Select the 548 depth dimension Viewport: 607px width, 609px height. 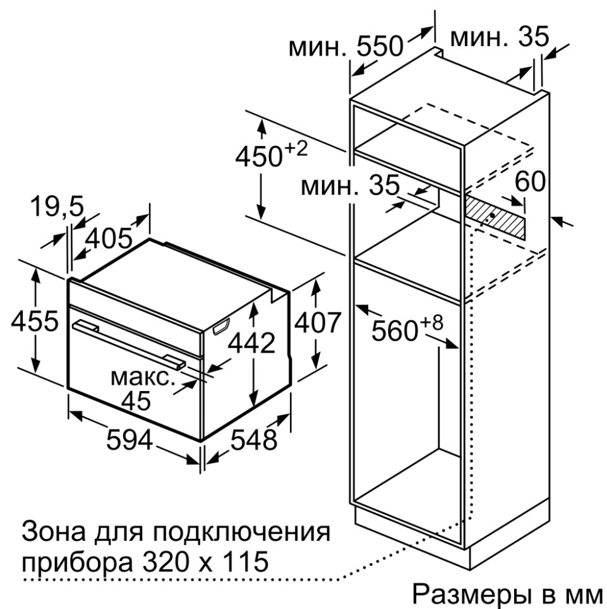254,440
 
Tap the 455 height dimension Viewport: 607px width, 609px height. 35,321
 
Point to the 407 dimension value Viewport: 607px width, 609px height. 318,322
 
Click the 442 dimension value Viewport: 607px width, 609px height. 251,342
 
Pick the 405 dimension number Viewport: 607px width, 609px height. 109,238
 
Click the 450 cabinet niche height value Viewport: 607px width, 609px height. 258,157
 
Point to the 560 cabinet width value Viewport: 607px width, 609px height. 395,331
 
